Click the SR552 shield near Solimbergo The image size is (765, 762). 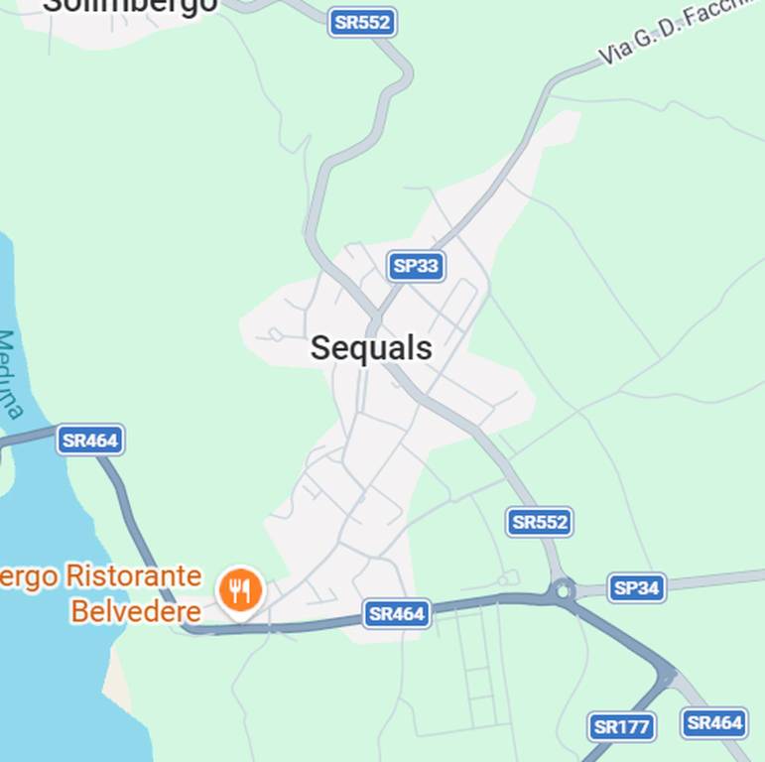coord(362,22)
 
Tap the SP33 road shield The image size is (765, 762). coord(416,266)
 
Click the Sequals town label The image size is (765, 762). coord(371,348)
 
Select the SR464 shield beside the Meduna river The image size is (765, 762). coord(90,440)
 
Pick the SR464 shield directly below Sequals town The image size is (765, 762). coord(397,614)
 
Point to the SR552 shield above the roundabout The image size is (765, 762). coord(540,522)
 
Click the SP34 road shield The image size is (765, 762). coord(636,588)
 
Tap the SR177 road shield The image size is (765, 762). coord(621,727)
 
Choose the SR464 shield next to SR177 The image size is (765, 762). coord(714,723)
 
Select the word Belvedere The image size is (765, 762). coord(135,611)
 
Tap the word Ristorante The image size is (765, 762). coord(133,576)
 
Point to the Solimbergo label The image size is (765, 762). coord(129,6)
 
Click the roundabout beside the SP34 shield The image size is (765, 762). coord(565,591)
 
